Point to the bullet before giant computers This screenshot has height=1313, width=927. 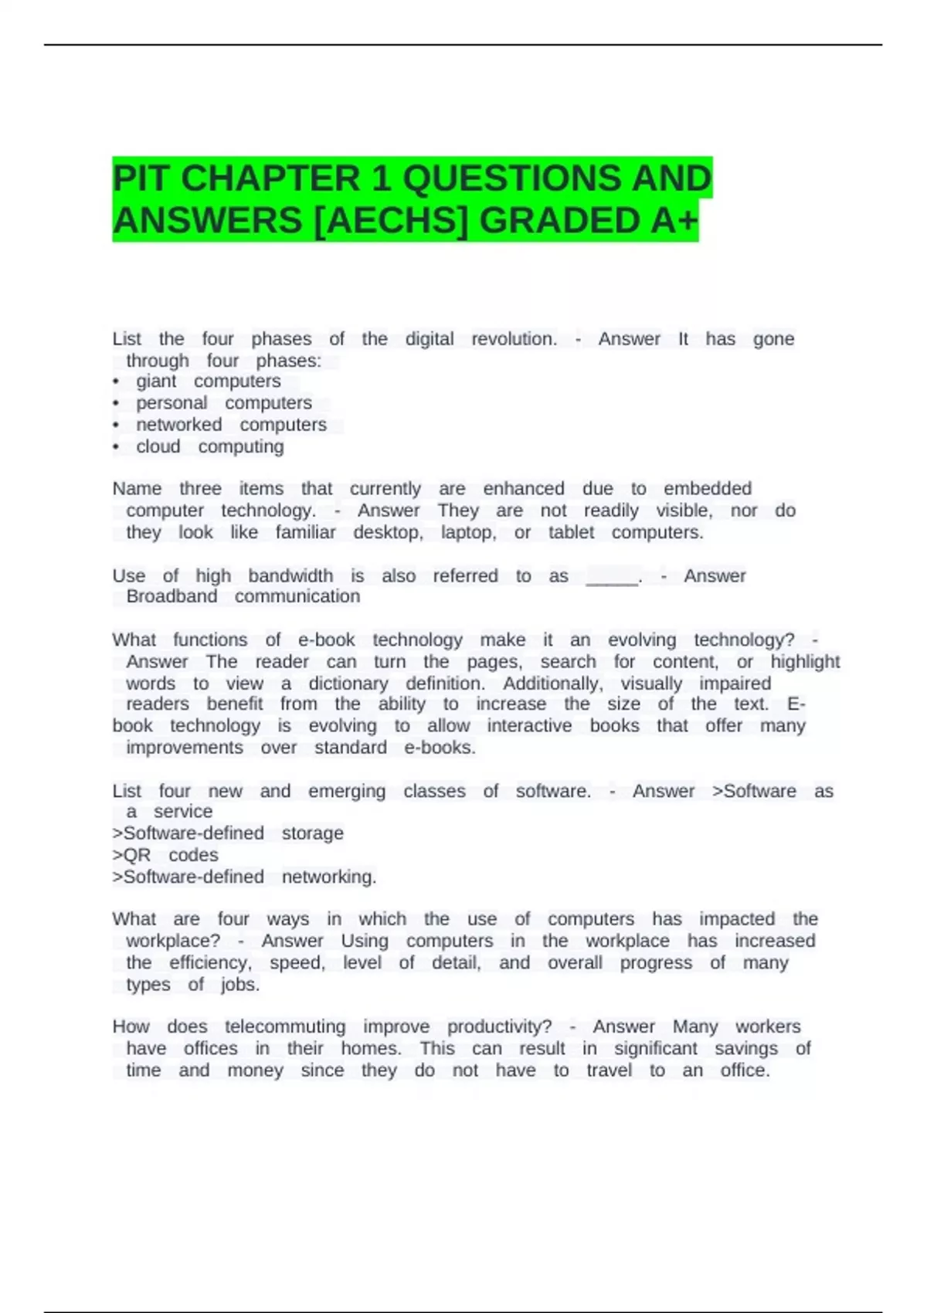116,382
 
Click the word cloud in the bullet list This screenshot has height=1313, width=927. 158,447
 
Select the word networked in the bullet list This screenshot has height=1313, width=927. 179,426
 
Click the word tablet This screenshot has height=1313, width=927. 571,533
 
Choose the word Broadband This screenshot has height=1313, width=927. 171,597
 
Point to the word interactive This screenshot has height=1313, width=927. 530,726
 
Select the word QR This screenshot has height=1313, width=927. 137,855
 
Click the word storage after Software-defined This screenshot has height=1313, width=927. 312,833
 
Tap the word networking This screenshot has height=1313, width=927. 328,877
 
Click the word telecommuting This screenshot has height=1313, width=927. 285,1027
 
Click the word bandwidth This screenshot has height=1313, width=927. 290,576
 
